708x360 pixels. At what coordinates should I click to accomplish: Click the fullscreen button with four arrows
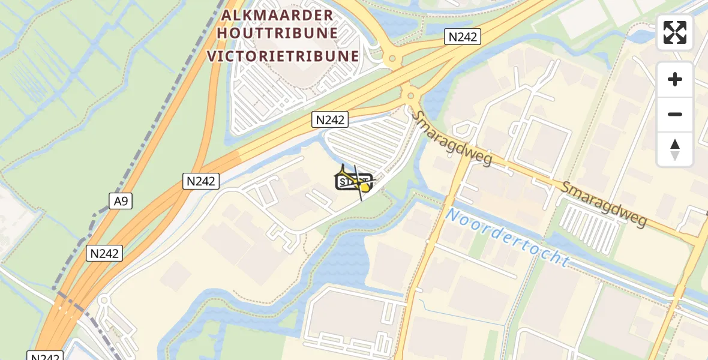[675, 32]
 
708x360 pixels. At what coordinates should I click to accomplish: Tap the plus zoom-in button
[675, 79]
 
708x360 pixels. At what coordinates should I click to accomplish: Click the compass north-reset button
[675, 149]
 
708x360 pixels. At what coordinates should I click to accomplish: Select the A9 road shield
[121, 200]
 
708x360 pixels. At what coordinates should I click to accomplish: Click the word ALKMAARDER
[277, 15]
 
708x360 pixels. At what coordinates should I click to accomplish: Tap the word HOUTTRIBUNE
[277, 34]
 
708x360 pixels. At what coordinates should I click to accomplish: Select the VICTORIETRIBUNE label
[283, 56]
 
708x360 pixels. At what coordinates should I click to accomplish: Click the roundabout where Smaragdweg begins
[411, 95]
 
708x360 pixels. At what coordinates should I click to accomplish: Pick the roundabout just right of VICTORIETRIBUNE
[392, 59]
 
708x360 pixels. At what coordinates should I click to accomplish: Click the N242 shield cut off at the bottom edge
[46, 356]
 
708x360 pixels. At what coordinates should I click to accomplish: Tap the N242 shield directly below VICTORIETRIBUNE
[330, 120]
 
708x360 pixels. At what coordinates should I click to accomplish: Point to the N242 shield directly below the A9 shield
[105, 253]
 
